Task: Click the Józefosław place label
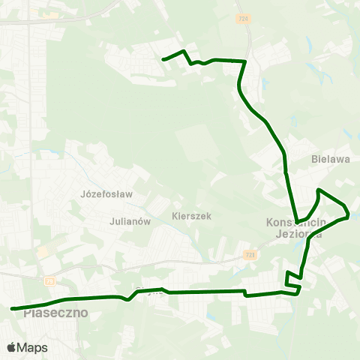[x=106, y=193]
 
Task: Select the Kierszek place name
[x=191, y=216]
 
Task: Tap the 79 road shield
[x=50, y=280]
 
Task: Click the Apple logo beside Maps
[x=11, y=348]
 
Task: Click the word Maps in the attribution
[x=33, y=348]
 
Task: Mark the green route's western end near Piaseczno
[x=12, y=308]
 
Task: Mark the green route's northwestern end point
[x=163, y=58]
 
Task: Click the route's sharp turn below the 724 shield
[x=246, y=61]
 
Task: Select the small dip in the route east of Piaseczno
[x=129, y=300]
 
